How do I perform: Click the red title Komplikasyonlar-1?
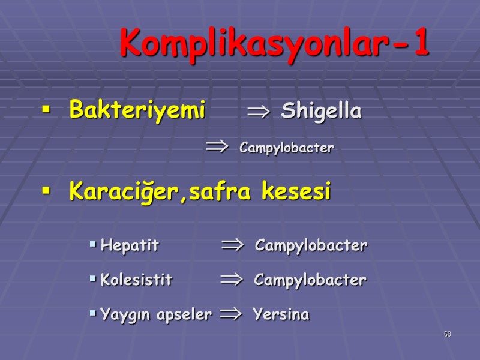[274, 43]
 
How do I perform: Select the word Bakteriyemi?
[137, 110]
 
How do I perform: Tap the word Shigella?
[321, 111]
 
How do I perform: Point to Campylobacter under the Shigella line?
[286, 148]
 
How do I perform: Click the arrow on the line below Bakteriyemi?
[217, 146]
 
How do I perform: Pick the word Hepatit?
[130, 245]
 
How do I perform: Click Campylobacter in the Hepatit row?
[311, 245]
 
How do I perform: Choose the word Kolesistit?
[136, 280]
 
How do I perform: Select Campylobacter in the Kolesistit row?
[310, 280]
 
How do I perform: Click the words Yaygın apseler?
[156, 314]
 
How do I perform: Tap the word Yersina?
[281, 314]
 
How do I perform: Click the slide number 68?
[447, 334]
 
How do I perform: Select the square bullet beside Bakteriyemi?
[45, 110]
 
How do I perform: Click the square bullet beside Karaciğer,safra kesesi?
[45, 191]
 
